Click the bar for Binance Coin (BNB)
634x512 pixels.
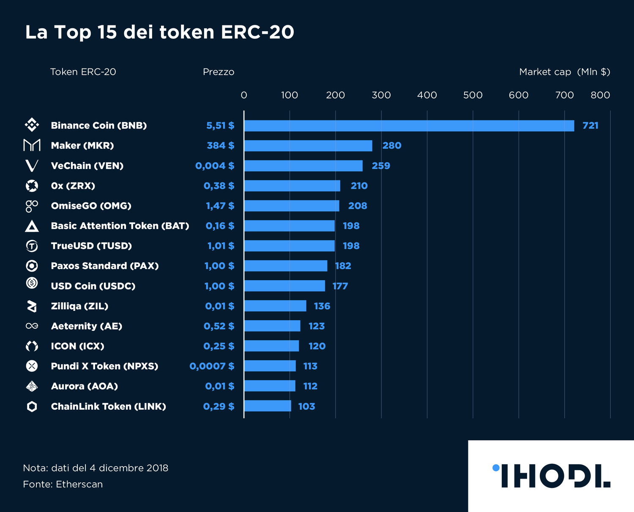[x=409, y=126]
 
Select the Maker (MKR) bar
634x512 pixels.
[x=308, y=146]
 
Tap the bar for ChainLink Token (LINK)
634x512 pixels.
[x=268, y=406]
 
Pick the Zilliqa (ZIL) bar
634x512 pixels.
[x=275, y=306]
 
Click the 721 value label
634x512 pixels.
[x=590, y=125]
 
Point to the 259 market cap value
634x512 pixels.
[x=380, y=166]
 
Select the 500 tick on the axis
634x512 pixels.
[x=473, y=95]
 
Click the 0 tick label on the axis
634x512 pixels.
[x=244, y=95]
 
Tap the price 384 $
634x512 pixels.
[x=220, y=146]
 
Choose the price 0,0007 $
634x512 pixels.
[x=212, y=366]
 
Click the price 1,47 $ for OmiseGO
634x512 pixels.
[x=220, y=206]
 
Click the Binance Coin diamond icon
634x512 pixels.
[x=32, y=125]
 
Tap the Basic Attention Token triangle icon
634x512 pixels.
[x=32, y=226]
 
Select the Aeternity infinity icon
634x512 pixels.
[x=32, y=326]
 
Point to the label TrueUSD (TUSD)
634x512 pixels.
[x=91, y=246]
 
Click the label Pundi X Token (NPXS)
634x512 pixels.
[x=104, y=366]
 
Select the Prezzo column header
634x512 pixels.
[x=218, y=72]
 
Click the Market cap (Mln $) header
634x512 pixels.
[x=564, y=72]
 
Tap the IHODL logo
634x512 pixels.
[x=552, y=476]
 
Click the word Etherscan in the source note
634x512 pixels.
[x=79, y=484]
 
